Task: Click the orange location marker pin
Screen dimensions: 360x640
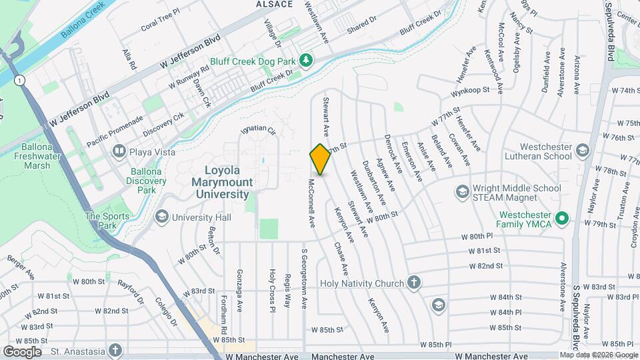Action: pyautogui.click(x=320, y=159)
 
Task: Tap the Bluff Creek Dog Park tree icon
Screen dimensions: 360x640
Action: pyautogui.click(x=306, y=61)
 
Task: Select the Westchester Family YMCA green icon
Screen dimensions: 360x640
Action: pyautogui.click(x=562, y=217)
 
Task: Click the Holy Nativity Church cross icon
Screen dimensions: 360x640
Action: pyautogui.click(x=414, y=283)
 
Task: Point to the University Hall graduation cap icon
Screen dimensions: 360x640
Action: pyautogui.click(x=162, y=217)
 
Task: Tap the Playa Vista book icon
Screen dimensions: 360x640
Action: pyautogui.click(x=119, y=151)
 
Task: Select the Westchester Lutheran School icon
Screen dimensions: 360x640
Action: pyautogui.click(x=583, y=150)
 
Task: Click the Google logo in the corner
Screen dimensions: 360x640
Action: pyautogui.click(x=22, y=351)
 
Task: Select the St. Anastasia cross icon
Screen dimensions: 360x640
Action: pyautogui.click(x=116, y=350)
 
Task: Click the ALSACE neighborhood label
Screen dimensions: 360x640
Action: pyautogui.click(x=275, y=4)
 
